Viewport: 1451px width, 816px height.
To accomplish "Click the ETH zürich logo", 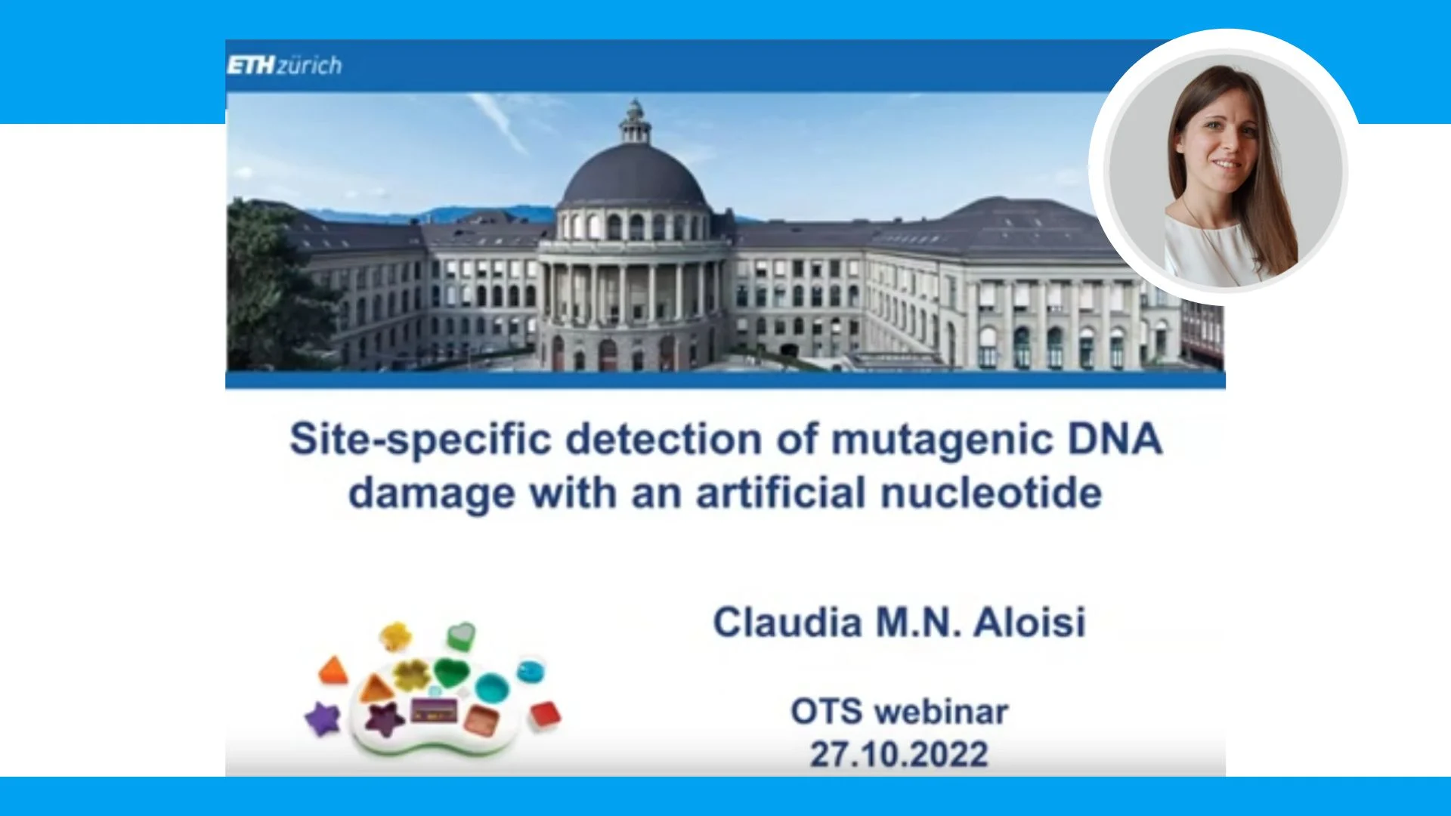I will (x=284, y=66).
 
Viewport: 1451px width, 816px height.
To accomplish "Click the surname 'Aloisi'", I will (x=1029, y=623).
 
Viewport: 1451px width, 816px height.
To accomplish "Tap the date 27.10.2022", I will (x=899, y=754).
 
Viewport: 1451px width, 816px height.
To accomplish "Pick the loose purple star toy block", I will (x=323, y=719).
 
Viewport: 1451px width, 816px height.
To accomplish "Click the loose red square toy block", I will (x=545, y=715).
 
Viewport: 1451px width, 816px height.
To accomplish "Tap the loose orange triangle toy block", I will (x=332, y=670).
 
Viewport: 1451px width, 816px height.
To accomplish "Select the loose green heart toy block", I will (x=460, y=635).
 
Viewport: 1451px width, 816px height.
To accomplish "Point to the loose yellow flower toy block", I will (x=394, y=636).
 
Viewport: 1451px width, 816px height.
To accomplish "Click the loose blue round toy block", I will (x=531, y=670).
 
